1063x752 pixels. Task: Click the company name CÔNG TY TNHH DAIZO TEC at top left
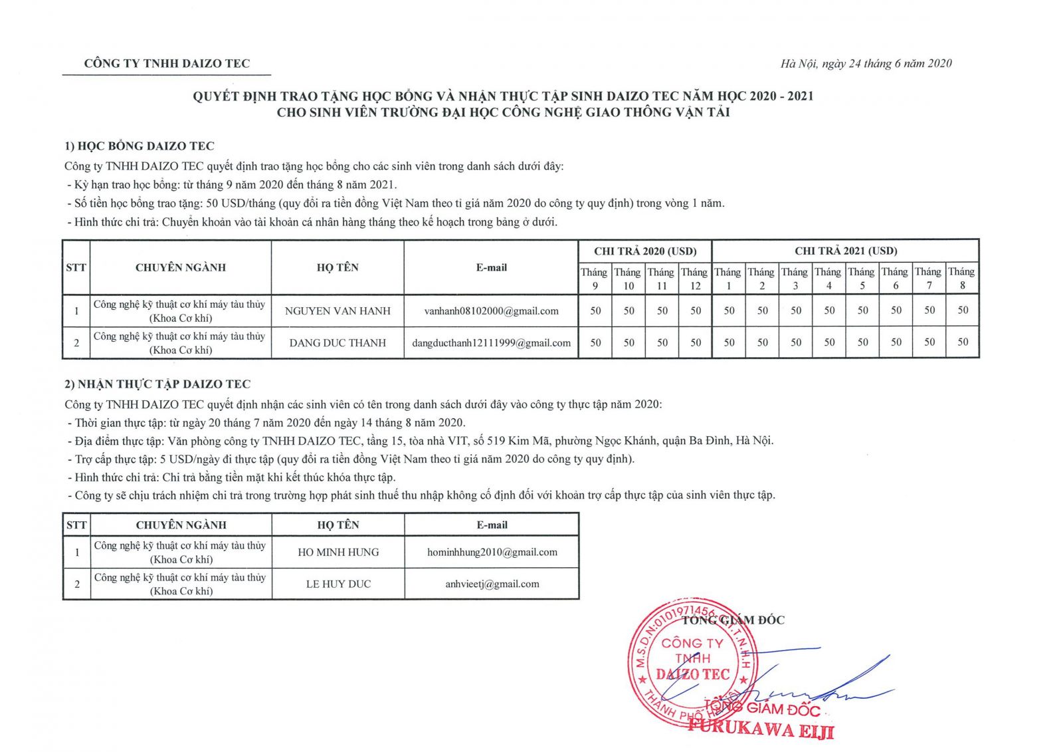pos(167,64)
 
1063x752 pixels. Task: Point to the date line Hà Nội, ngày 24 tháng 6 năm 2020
pos(866,64)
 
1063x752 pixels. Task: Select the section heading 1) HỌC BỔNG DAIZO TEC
pos(140,146)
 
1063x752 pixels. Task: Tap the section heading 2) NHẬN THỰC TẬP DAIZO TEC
pos(157,384)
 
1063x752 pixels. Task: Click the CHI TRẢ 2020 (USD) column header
pos(645,251)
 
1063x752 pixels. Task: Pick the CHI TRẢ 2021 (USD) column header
pos(845,251)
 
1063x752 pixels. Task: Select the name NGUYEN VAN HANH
pos(338,311)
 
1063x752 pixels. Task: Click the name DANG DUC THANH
pos(338,343)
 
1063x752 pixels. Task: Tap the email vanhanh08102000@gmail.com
pos(491,311)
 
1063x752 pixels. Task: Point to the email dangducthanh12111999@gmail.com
pos(491,343)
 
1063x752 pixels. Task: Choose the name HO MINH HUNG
pos(338,553)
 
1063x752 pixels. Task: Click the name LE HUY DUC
pos(338,584)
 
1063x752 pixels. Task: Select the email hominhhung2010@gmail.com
pos(492,553)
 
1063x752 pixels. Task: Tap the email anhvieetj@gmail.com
pos(492,584)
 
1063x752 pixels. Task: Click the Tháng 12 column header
pos(695,279)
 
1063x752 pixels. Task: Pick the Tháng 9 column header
pos(595,279)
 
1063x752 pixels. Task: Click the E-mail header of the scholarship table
pos(491,268)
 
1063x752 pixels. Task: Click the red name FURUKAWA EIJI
pos(760,728)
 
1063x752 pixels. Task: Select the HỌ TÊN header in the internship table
pos(338,525)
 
